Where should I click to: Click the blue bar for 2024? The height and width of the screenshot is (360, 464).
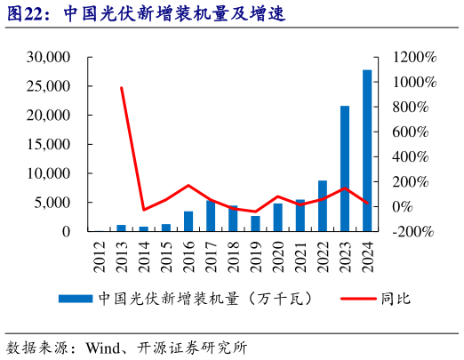(x=367, y=150)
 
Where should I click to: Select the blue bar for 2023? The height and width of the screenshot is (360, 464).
(x=345, y=169)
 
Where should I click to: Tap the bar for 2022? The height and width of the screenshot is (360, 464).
(x=322, y=206)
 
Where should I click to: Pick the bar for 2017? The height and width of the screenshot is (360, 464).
(x=211, y=216)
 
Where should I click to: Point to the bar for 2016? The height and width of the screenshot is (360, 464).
(x=188, y=221)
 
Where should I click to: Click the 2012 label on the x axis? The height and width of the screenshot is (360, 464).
(x=99, y=251)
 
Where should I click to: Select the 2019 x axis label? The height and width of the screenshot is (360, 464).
(x=255, y=251)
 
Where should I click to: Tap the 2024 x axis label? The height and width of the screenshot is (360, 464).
(x=367, y=251)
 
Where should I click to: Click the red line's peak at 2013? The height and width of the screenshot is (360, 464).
(x=121, y=87)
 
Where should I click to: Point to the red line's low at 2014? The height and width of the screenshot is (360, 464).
(x=143, y=210)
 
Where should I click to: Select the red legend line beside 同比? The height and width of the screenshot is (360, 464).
(x=357, y=299)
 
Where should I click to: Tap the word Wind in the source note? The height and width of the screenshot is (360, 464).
(x=102, y=347)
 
